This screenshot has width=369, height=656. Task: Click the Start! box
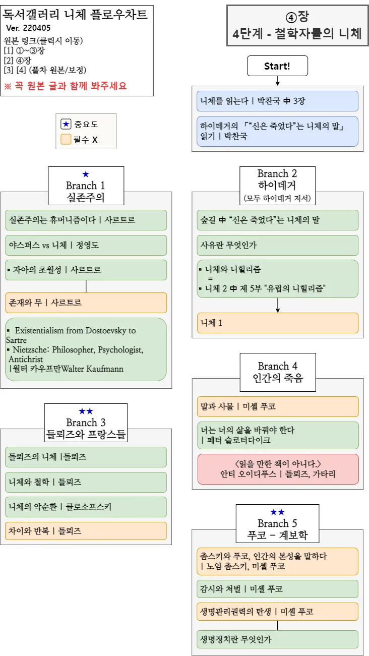pyautogui.click(x=277, y=66)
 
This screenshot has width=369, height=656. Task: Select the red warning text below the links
pyautogui.click(x=65, y=86)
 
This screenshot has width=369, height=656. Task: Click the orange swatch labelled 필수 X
pyautogui.click(x=66, y=139)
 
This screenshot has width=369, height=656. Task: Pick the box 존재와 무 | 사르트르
pyautogui.click(x=86, y=303)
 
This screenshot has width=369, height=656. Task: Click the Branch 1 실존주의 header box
pyautogui.click(x=86, y=186)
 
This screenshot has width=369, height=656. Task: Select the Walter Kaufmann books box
pyautogui.click(x=86, y=349)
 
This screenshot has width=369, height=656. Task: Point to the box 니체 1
pyautogui.click(x=277, y=323)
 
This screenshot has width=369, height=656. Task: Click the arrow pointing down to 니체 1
pyautogui.click(x=277, y=306)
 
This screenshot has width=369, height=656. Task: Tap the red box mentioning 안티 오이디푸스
pyautogui.click(x=277, y=469)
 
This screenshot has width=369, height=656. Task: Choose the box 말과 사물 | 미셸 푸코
pyautogui.click(x=277, y=406)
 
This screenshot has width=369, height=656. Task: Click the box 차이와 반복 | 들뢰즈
pyautogui.click(x=86, y=531)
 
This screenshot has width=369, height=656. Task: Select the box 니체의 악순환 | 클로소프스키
pyautogui.click(x=86, y=507)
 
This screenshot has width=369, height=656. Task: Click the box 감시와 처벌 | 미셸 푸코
pyautogui.click(x=277, y=589)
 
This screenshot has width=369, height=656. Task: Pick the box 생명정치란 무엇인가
pyautogui.click(x=277, y=639)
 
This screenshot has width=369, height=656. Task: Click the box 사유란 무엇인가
pyautogui.click(x=277, y=246)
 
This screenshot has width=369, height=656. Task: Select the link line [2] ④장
pyautogui.click(x=17, y=61)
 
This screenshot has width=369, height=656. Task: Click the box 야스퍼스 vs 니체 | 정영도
pyautogui.click(x=86, y=246)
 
